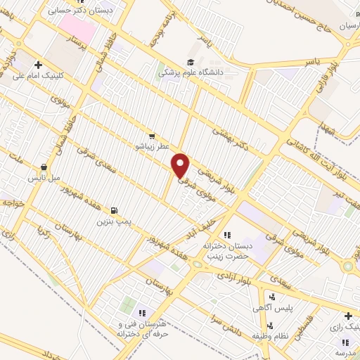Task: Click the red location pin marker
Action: (181, 165)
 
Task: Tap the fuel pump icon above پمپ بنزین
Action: (115, 210)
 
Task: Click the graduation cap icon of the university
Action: (190, 62)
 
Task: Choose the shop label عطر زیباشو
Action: (151, 146)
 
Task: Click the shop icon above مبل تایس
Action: (44, 168)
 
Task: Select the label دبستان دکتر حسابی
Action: (80, 11)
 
